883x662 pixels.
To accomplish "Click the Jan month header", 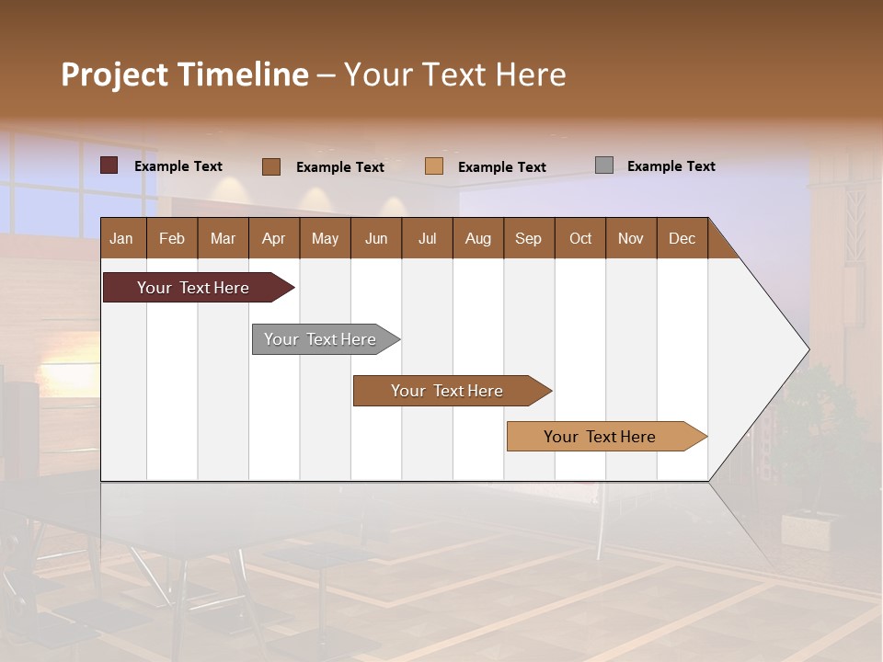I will [122, 238].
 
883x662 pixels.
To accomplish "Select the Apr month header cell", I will [274, 238].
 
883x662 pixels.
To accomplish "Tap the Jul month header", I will [427, 238].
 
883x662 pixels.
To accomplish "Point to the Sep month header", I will [529, 238].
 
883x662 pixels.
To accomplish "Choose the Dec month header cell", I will [682, 238].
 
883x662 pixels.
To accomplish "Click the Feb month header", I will [172, 238].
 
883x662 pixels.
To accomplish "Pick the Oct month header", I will [580, 238].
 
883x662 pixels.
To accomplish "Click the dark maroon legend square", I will [109, 165].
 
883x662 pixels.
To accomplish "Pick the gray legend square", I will [604, 165].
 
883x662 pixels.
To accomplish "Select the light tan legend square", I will [434, 166].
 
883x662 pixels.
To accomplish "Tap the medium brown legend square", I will [271, 166].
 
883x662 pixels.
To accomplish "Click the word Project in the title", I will [114, 74].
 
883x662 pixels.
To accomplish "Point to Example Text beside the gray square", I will [671, 166].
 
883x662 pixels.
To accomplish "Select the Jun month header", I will [376, 238].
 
